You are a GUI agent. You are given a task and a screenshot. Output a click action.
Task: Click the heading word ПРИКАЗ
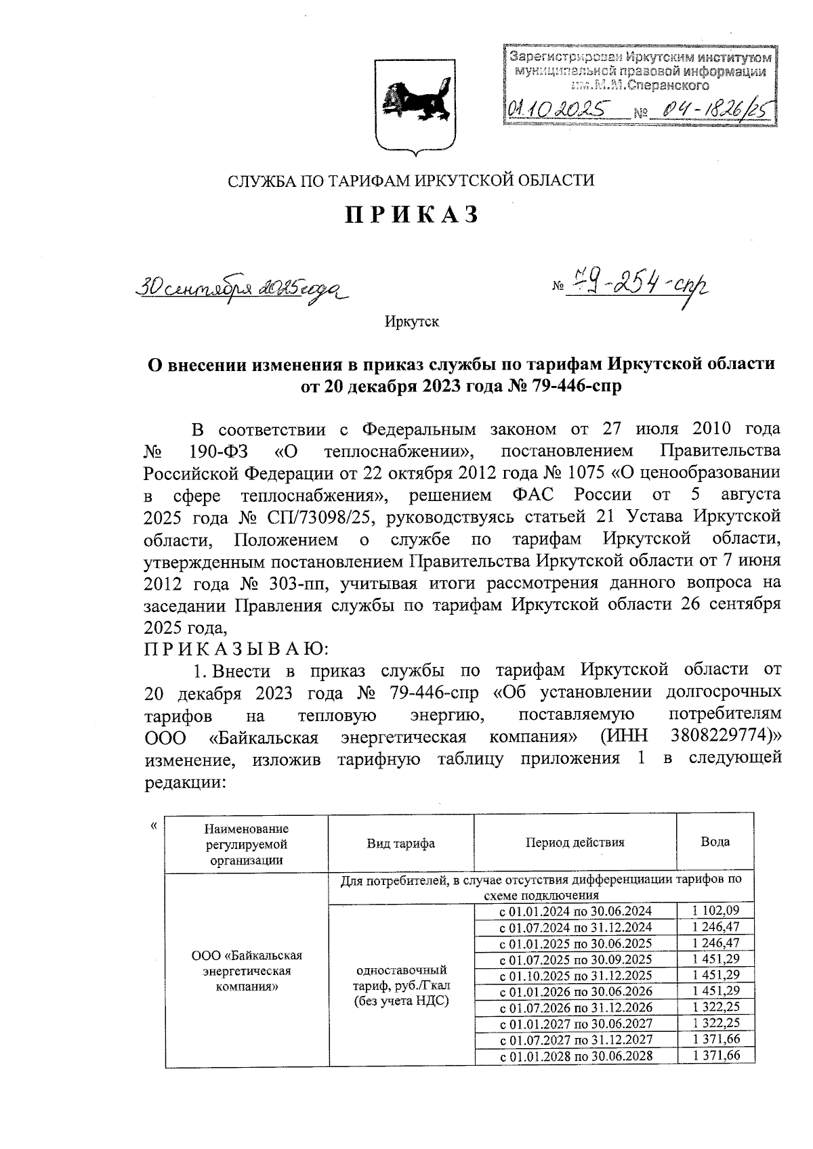[x=412, y=215]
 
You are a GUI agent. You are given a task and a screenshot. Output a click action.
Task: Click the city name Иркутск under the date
[x=412, y=322]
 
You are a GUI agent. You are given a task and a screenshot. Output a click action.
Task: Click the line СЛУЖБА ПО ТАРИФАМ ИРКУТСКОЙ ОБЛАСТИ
[x=411, y=181]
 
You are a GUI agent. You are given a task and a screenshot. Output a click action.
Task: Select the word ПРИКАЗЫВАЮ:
[x=236, y=649]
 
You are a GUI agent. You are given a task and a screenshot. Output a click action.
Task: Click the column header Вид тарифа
[x=400, y=843]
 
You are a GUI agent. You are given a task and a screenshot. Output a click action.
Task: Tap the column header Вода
[x=715, y=842]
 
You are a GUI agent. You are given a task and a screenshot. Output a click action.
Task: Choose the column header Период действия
[x=575, y=842]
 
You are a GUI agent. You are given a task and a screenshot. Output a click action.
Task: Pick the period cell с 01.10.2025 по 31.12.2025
[x=575, y=976]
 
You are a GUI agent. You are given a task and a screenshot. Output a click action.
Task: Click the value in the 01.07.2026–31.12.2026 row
[x=716, y=1007]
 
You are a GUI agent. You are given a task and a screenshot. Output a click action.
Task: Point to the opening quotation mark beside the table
[x=154, y=825]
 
